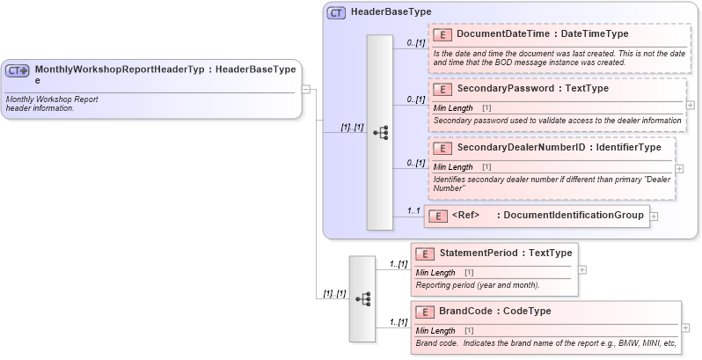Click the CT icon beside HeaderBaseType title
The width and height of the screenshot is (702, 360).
click(337, 12)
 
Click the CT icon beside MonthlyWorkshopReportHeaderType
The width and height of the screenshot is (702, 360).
click(18, 70)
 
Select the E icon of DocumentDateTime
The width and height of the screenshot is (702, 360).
click(444, 34)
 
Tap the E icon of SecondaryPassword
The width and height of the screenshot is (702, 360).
click(444, 89)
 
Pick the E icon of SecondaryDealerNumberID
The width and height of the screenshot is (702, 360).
click(444, 147)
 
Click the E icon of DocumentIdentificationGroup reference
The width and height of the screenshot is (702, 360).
click(439, 216)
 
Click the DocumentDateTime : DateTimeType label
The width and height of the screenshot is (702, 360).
click(542, 34)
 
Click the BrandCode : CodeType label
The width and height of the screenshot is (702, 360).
click(495, 312)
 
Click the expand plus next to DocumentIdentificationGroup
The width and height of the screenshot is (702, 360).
click(654, 216)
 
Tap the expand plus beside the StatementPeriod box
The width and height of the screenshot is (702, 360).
click(581, 269)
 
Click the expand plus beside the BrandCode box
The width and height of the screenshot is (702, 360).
click(685, 327)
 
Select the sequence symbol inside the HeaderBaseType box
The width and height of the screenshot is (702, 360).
click(380, 133)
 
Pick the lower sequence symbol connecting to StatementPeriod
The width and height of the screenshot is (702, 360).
click(362, 299)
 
